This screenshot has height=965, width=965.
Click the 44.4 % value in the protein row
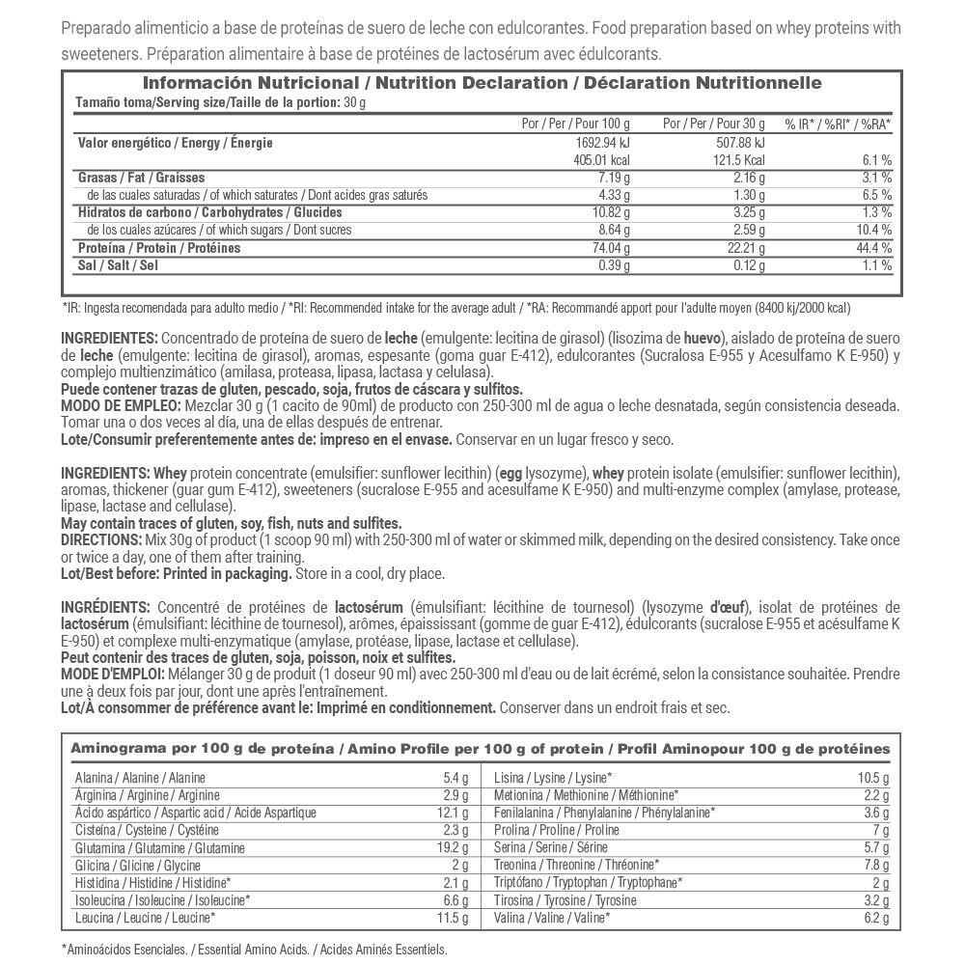click(x=873, y=248)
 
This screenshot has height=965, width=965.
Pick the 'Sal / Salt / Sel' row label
click(x=118, y=265)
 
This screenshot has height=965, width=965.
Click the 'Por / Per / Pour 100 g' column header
click(x=575, y=124)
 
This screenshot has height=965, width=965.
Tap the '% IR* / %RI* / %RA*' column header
click(x=838, y=124)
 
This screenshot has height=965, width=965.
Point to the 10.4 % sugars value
click(x=873, y=231)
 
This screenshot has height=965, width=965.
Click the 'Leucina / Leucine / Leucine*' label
click(x=145, y=918)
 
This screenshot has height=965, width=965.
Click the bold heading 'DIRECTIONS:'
click(x=99, y=538)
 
